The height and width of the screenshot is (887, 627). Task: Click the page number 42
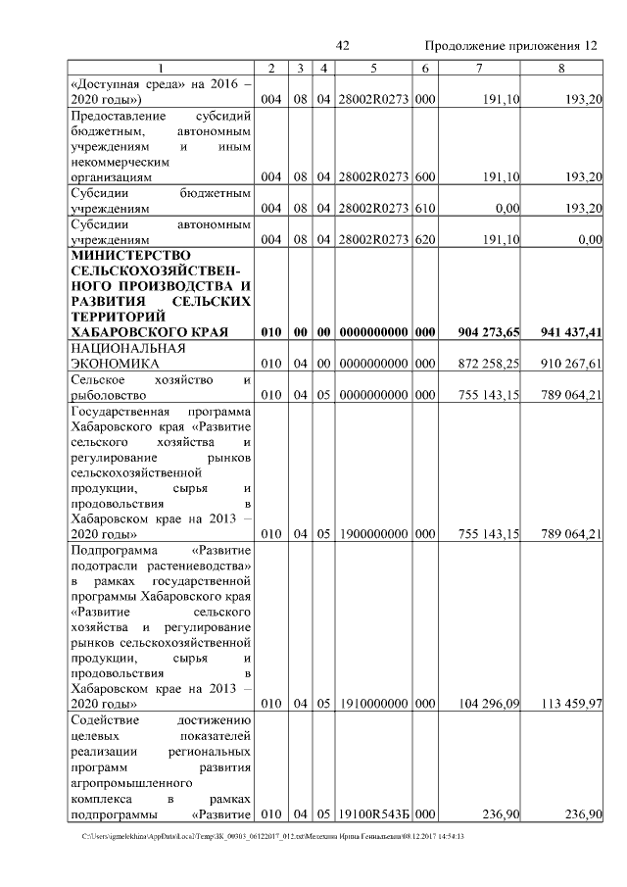[x=342, y=46]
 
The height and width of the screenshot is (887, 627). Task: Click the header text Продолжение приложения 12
[x=510, y=46]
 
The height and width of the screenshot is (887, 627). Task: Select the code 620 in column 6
[x=424, y=238]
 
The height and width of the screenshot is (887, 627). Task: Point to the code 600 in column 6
[x=424, y=177]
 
